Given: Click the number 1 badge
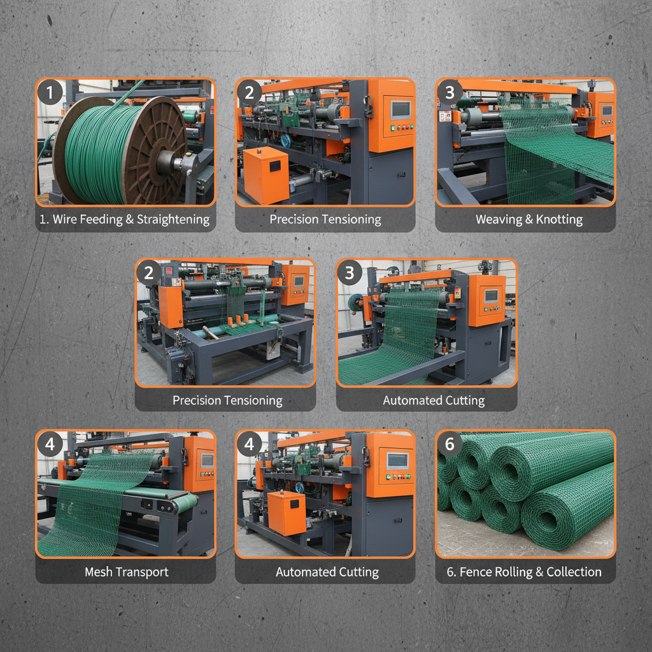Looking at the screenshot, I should point(50,93).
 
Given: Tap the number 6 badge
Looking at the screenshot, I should point(450,444).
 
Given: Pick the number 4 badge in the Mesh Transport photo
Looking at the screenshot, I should point(50,444).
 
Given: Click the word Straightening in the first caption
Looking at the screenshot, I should point(169,220).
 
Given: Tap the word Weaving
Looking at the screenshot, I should point(498,220).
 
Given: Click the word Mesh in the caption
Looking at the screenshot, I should point(98,572).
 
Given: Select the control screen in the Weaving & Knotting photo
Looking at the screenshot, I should point(607,111).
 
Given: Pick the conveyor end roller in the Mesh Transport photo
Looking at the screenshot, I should point(167,506).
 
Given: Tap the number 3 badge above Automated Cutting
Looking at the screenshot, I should point(349,273).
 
